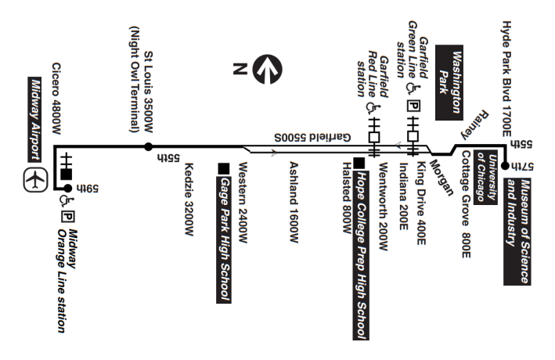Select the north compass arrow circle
[x=270, y=68]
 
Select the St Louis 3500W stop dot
[x=147, y=147]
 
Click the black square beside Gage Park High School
[x=225, y=166]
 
